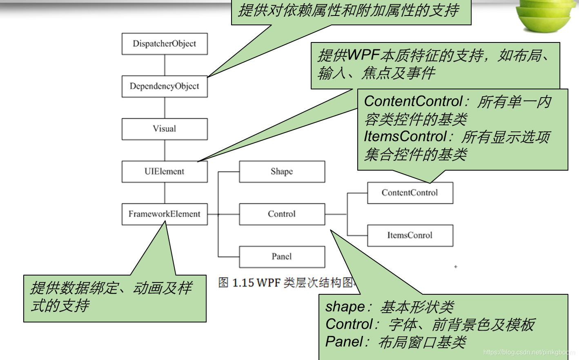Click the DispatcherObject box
(x=165, y=44)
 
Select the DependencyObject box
(x=165, y=86)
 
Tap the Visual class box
(x=165, y=129)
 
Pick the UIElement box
(x=165, y=171)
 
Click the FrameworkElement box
(x=165, y=214)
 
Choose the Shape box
(x=282, y=171)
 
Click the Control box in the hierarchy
(x=282, y=214)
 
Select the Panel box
(x=282, y=256)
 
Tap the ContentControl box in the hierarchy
(x=410, y=193)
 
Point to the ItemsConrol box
(x=410, y=235)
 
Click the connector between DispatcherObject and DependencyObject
(x=165, y=65)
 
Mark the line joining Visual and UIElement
(x=165, y=150)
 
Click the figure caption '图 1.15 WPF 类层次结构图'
(x=286, y=282)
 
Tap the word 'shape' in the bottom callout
(x=345, y=307)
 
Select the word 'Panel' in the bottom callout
(x=344, y=342)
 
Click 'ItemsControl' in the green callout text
(x=405, y=136)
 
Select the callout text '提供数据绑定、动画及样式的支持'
(x=111, y=297)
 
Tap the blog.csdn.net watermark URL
(x=529, y=352)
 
